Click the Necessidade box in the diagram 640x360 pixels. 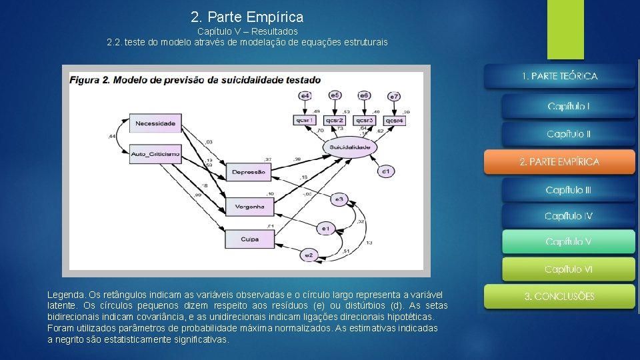(x=155, y=123)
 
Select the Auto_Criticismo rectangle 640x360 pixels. (x=155, y=153)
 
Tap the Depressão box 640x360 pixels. (x=248, y=171)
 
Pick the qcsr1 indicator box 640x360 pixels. (x=305, y=120)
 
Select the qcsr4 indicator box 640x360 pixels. (x=394, y=120)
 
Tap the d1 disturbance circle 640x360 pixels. (x=385, y=171)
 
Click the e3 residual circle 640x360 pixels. (x=339, y=198)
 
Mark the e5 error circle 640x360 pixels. (x=335, y=95)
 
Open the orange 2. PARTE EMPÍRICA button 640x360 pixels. (x=559, y=162)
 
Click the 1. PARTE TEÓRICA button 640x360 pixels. (x=559, y=76)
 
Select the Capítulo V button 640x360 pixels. (x=568, y=241)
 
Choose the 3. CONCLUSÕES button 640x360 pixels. (x=559, y=296)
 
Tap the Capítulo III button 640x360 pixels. (x=568, y=190)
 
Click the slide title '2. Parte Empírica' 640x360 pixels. (x=247, y=17)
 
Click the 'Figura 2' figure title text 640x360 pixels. (x=90, y=79)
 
